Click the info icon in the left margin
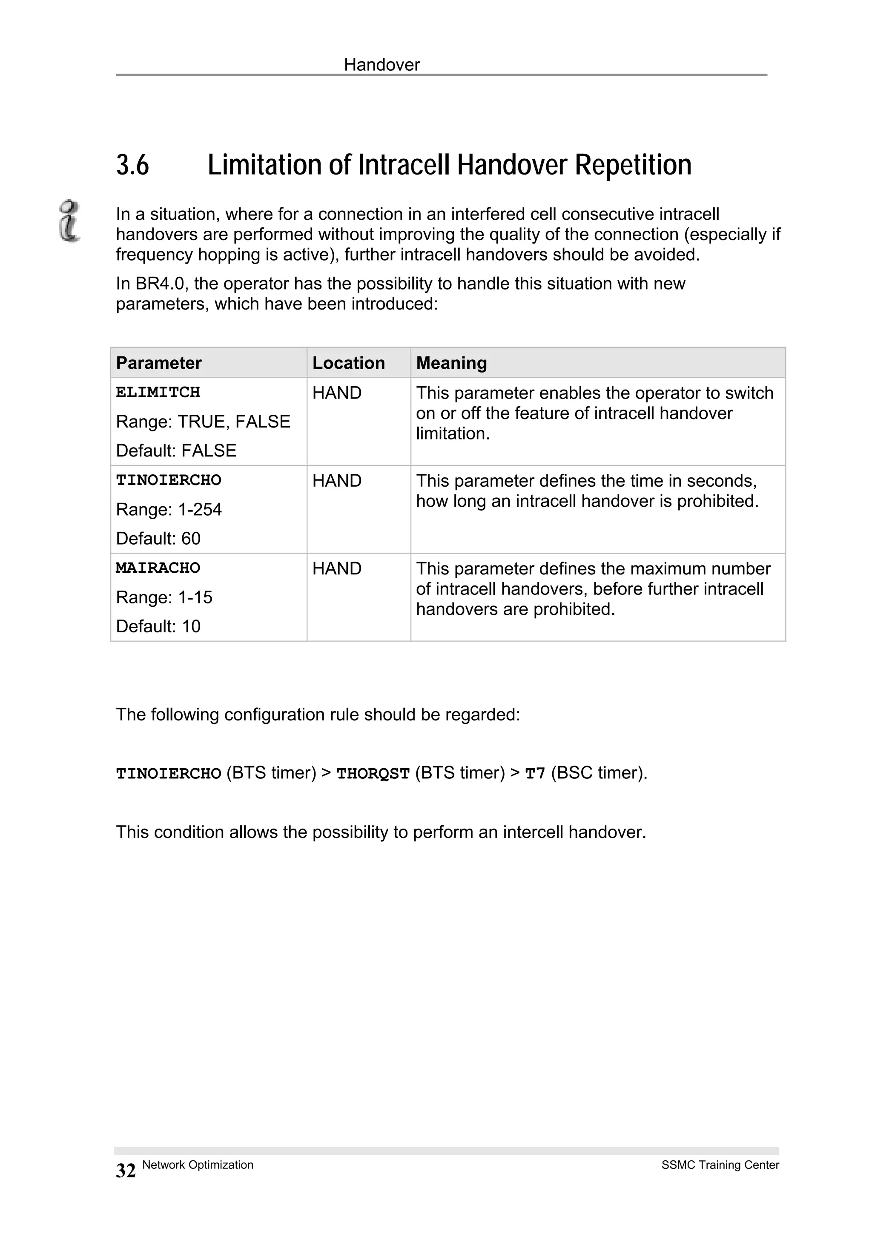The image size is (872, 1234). [x=69, y=221]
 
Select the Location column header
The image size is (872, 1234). [x=348, y=363]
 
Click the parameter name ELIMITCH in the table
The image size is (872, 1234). [x=158, y=392]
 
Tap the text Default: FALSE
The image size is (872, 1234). [x=176, y=451]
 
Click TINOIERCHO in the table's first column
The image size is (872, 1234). [x=168, y=480]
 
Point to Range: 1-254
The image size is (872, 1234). [x=169, y=509]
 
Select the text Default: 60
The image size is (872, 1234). [x=158, y=538]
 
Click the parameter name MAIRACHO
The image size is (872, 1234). [x=158, y=568]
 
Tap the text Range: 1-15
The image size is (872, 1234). [x=164, y=597]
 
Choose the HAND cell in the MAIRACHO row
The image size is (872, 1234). [x=337, y=568]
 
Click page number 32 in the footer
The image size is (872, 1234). [x=126, y=1171]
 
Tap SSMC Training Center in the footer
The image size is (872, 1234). [x=720, y=1165]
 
